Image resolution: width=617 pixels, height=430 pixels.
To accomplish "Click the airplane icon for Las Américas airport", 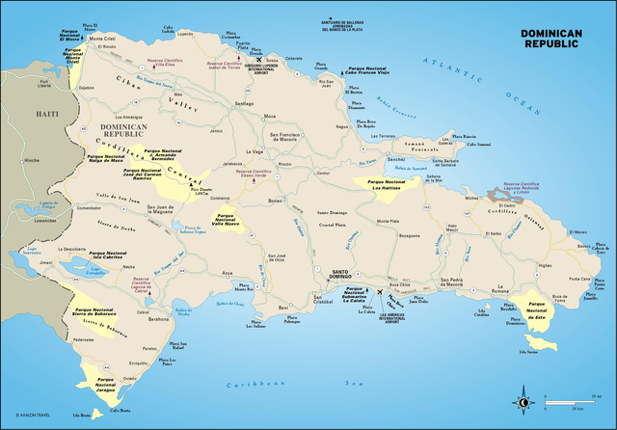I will coord(382,292).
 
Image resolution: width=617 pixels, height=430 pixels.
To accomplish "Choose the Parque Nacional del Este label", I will coord(536,309).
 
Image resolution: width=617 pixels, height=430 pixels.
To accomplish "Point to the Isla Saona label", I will coord(528,351).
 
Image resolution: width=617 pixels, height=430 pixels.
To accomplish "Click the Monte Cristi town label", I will coord(101,40).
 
